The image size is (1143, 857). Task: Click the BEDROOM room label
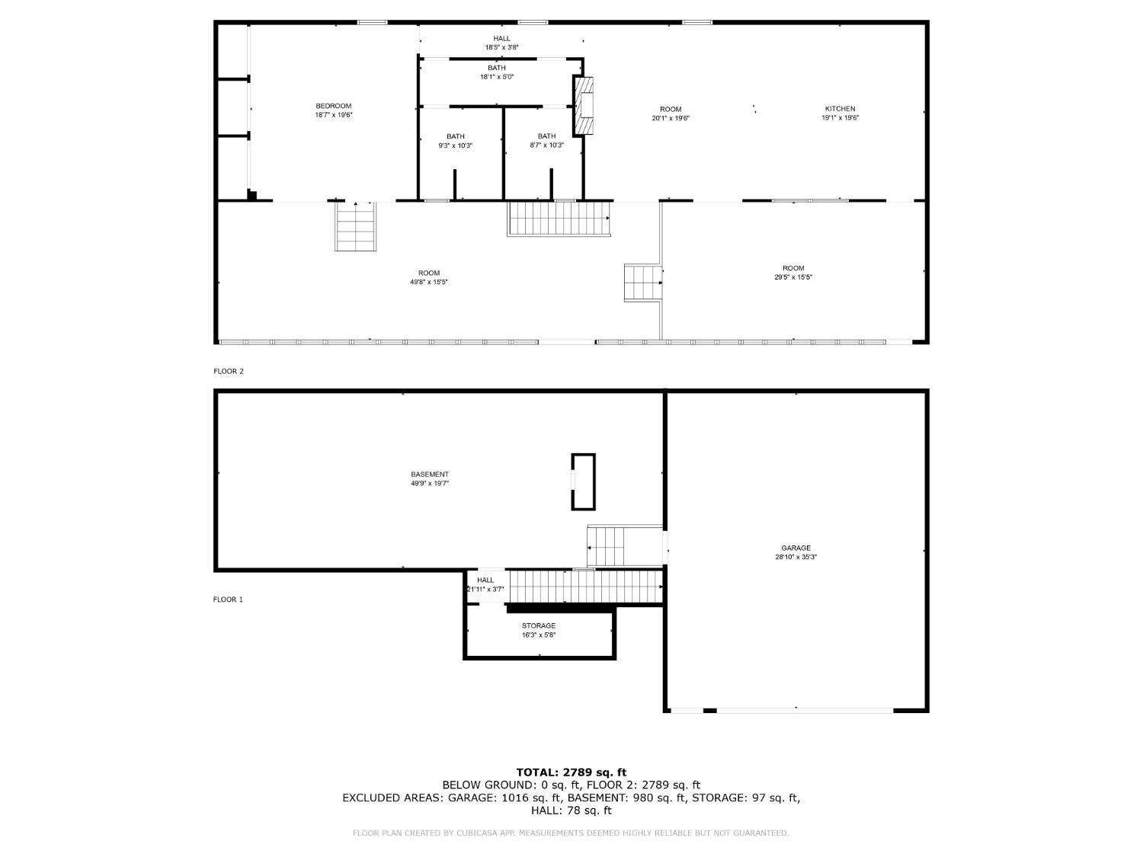point(333,106)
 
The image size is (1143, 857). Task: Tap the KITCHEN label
point(840,109)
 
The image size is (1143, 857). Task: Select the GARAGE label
point(796,548)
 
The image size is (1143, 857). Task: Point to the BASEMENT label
point(430,475)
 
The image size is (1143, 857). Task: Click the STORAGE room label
point(539,626)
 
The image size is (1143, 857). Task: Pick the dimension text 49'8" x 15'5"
point(429,282)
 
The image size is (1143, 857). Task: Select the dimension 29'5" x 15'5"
point(793,277)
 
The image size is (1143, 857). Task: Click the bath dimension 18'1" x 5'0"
point(497,76)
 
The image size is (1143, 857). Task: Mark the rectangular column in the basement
point(584,481)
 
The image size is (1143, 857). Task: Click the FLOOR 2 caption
point(229,372)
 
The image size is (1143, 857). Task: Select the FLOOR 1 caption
point(228,600)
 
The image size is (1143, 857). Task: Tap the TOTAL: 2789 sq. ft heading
point(571,772)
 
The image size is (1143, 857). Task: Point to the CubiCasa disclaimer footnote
point(571,833)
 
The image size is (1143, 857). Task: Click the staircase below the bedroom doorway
point(356,227)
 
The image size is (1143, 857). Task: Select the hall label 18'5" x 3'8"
point(501,47)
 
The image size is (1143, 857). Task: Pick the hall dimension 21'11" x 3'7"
point(485,589)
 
